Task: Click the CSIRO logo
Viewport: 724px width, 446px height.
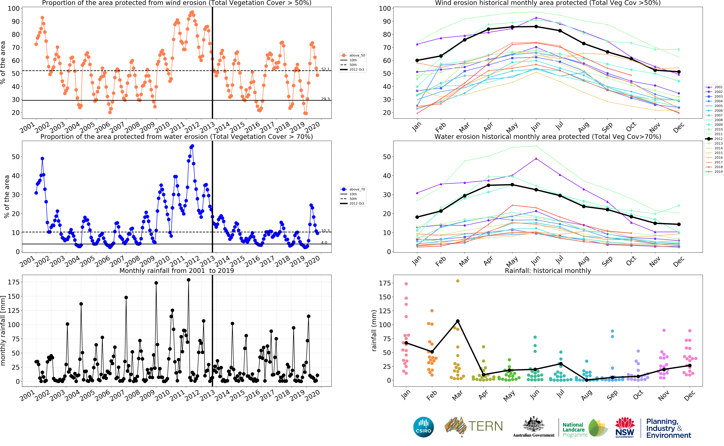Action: pos(424,427)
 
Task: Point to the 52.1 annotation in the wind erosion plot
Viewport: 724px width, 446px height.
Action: pos(325,69)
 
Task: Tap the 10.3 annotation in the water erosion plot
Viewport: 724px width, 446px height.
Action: pos(325,231)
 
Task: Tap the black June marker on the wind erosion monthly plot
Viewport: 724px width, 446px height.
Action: pos(536,27)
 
